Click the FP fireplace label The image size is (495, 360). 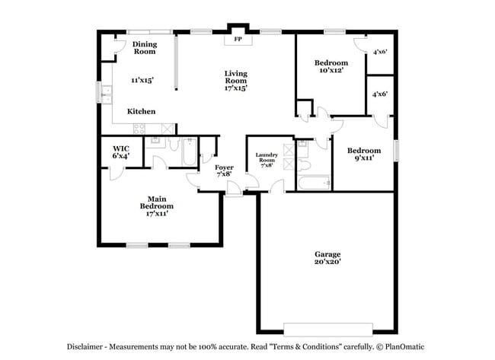click(x=238, y=39)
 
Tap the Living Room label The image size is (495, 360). click(x=235, y=77)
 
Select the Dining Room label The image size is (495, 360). click(x=145, y=48)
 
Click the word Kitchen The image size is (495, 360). click(x=142, y=111)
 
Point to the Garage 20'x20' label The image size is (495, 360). click(x=327, y=257)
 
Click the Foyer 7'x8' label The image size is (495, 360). click(x=224, y=170)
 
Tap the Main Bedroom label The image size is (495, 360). click(x=156, y=205)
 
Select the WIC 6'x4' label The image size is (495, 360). click(x=120, y=151)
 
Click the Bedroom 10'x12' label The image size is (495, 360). click(x=331, y=66)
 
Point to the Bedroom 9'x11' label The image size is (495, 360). click(x=364, y=155)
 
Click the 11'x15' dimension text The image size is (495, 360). click(x=142, y=80)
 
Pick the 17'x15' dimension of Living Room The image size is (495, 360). click(x=235, y=88)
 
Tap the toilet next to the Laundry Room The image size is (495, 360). click(x=303, y=164)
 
